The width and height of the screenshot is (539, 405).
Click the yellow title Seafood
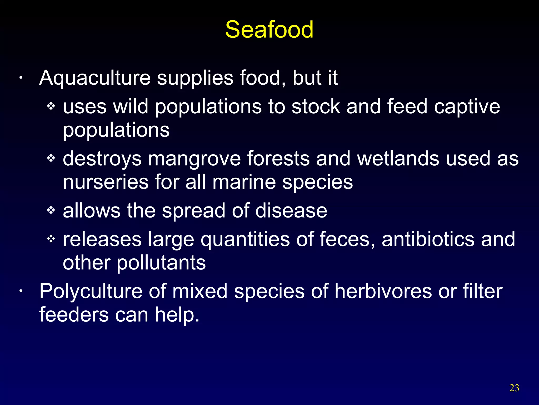(x=269, y=30)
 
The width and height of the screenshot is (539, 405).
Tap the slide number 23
(x=514, y=388)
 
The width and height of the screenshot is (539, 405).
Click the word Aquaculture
(x=95, y=78)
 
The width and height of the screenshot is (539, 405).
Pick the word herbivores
(x=383, y=291)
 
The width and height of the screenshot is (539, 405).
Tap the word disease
(x=291, y=211)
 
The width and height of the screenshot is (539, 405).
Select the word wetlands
(x=398, y=159)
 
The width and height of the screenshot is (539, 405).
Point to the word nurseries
(x=106, y=182)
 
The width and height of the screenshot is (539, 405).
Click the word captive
(x=467, y=107)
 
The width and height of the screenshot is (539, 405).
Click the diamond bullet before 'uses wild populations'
(x=51, y=107)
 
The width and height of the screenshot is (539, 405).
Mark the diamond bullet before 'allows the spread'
(x=51, y=210)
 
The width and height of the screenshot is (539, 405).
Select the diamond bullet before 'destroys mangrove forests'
(x=51, y=158)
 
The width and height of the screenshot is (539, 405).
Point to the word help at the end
(x=177, y=315)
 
